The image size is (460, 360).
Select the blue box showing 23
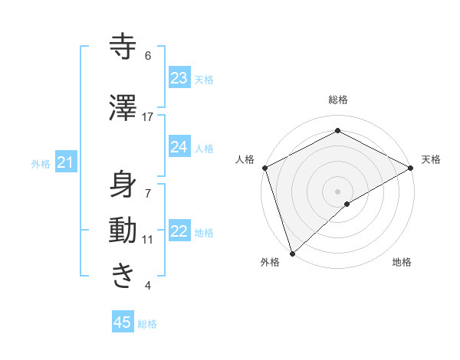tap(179, 78)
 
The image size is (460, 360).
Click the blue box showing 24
tap(179, 147)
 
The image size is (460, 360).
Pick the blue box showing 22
tap(179, 231)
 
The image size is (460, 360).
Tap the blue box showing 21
tap(65, 162)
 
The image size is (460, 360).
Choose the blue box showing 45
tap(123, 322)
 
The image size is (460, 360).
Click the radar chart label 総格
tap(337, 100)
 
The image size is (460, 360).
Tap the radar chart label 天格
tap(431, 159)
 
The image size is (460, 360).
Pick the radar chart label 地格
tap(402, 263)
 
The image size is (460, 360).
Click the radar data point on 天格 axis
tap(411, 168)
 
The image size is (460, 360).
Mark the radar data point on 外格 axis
tap(291, 253)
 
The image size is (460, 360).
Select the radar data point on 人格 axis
tap(264, 168)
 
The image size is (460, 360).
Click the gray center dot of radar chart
tap(337, 191)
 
